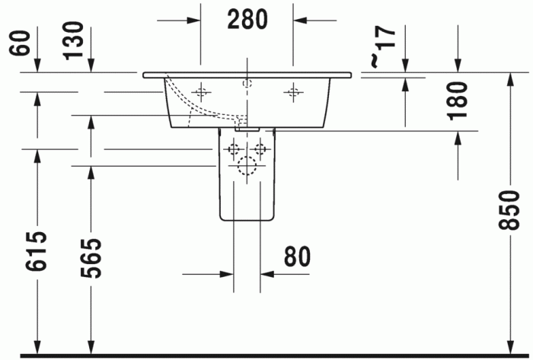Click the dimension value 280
click(x=247, y=19)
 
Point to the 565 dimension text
click(x=91, y=258)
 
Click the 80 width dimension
click(x=298, y=257)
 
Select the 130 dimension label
click(x=74, y=41)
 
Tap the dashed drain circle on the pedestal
click(x=246, y=168)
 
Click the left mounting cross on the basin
click(x=200, y=92)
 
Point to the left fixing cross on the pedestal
click(x=233, y=148)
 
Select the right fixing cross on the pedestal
click(x=260, y=148)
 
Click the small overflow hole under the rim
click(x=246, y=81)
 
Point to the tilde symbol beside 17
click(x=373, y=59)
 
